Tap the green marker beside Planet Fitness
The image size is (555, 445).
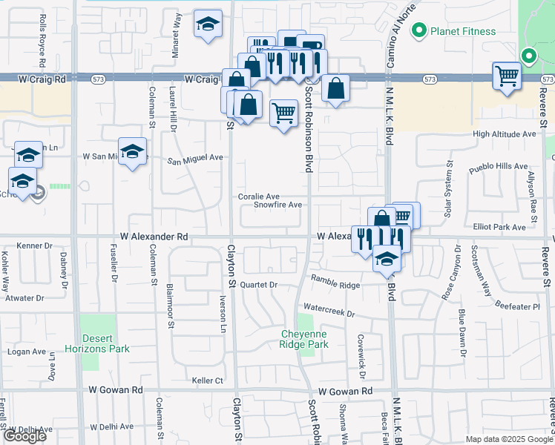[x=418, y=31]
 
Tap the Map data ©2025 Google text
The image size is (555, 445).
[x=508, y=439]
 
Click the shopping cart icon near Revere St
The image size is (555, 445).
[x=507, y=75]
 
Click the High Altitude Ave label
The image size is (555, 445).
[x=505, y=134]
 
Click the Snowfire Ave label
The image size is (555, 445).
[x=277, y=205]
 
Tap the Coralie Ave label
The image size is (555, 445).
[x=258, y=197]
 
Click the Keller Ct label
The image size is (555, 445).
[x=208, y=380]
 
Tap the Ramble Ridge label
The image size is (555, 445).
[x=335, y=284]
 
